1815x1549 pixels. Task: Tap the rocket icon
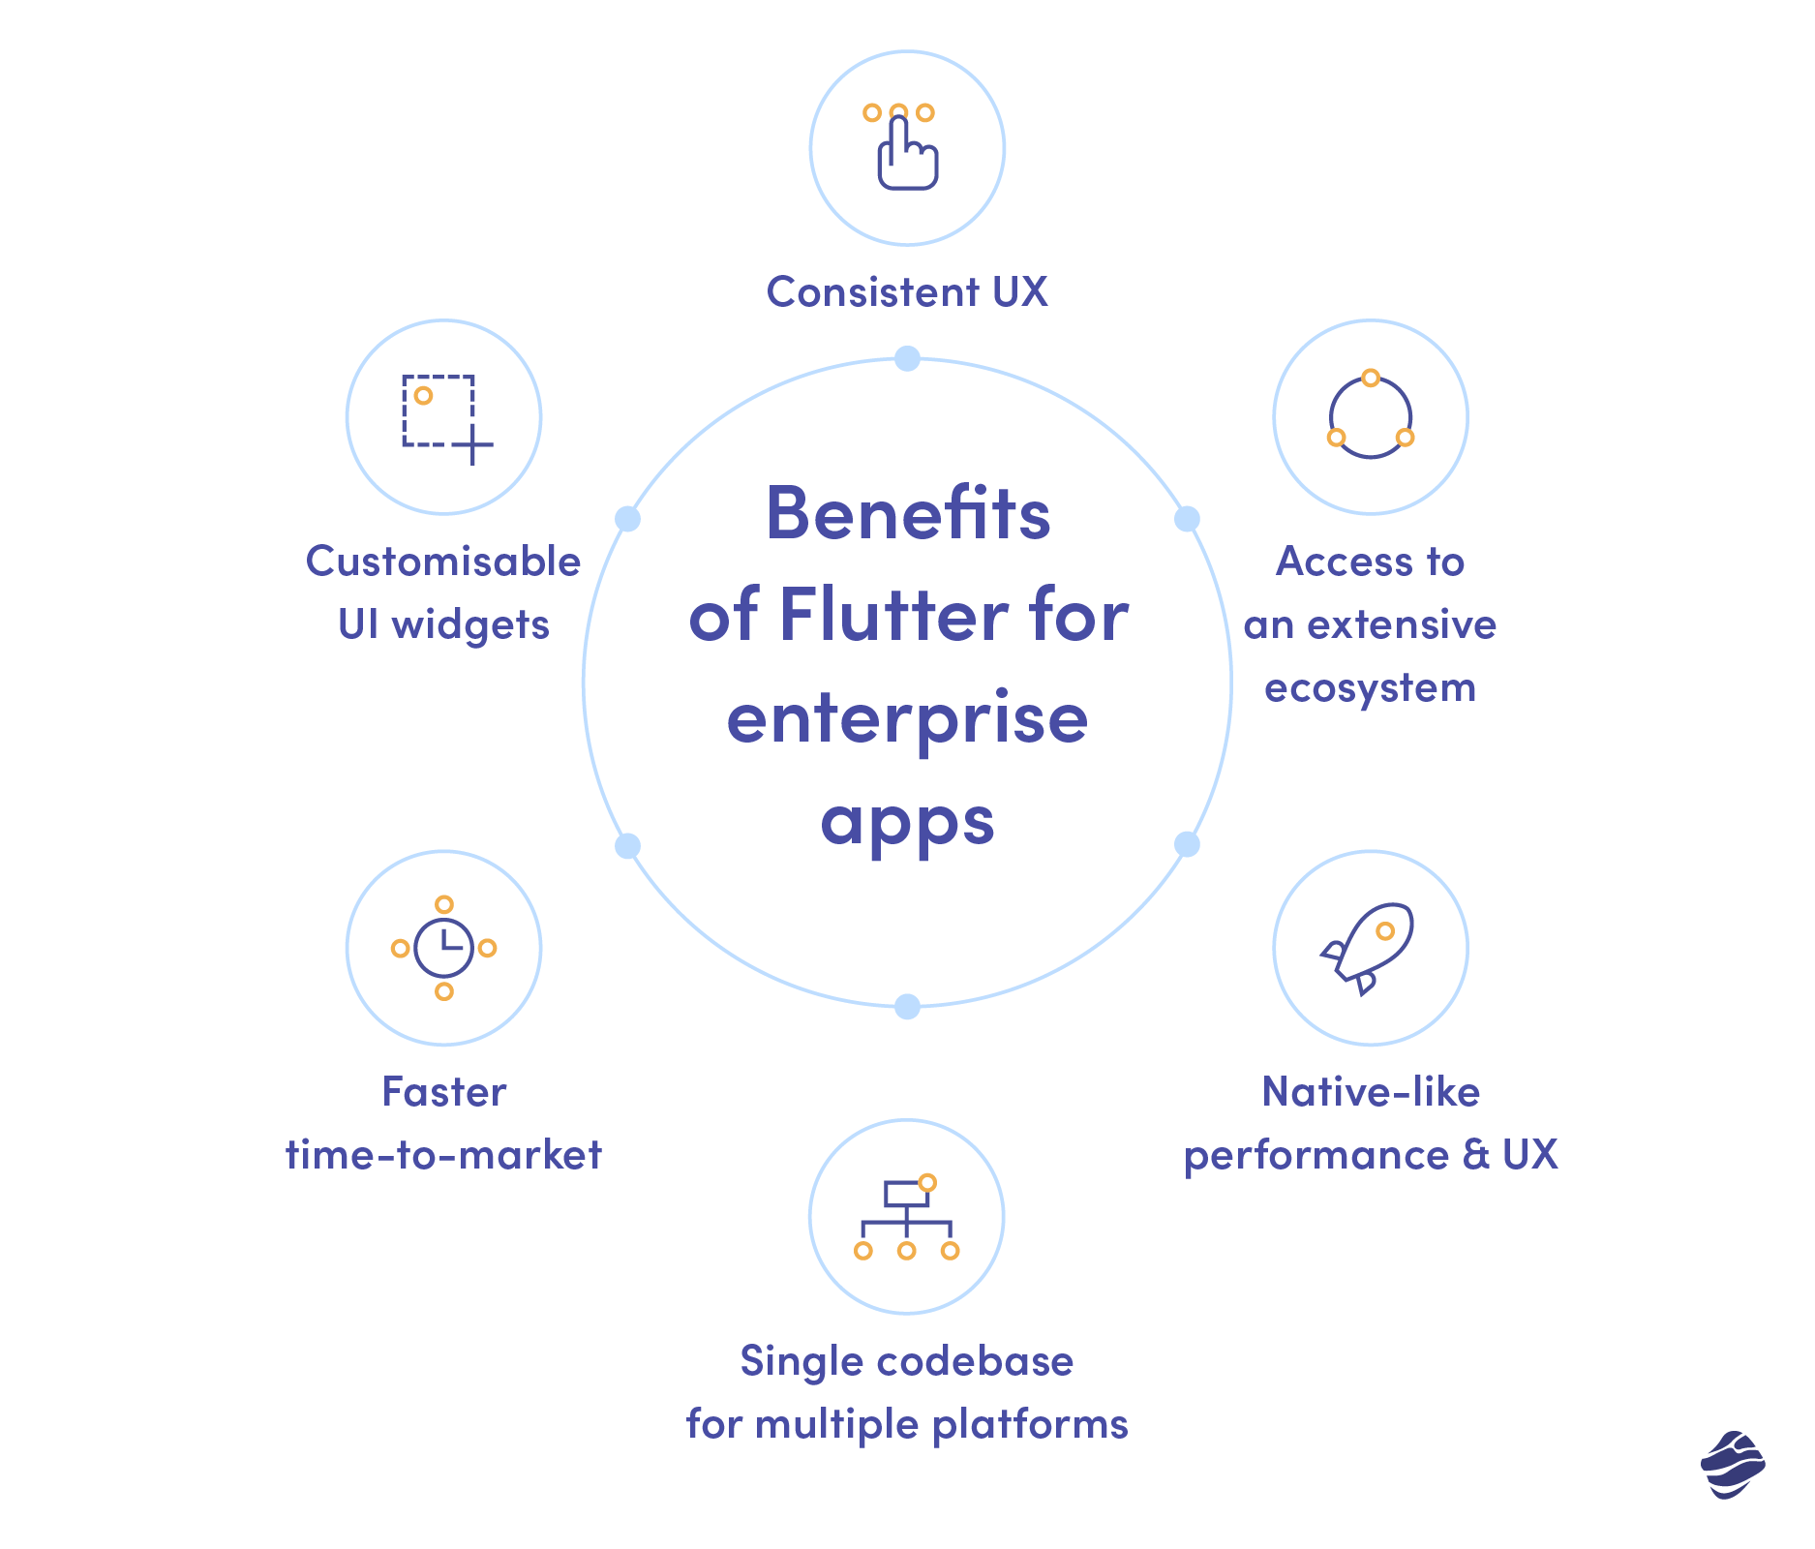(x=1368, y=949)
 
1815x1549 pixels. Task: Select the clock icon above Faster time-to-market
(x=443, y=948)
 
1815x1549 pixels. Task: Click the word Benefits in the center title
(x=908, y=513)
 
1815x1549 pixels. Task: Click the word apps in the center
(x=908, y=824)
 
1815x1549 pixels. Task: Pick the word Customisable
(x=443, y=562)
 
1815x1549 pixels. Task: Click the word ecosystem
(x=1371, y=689)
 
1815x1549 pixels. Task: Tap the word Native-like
(x=1371, y=1092)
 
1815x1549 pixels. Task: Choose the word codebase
(x=976, y=1361)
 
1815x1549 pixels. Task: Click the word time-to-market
(x=443, y=1155)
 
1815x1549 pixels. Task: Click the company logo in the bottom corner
(x=1733, y=1465)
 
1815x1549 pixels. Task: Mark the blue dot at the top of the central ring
(x=907, y=358)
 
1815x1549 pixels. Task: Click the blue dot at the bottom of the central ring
(x=907, y=1007)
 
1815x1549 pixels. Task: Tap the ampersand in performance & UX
(x=1476, y=1155)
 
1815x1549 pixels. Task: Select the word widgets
(x=470, y=626)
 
